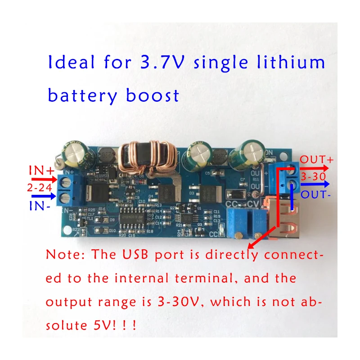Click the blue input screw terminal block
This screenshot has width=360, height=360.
click(x=67, y=189)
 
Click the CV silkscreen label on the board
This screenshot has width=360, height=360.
click(x=253, y=204)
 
